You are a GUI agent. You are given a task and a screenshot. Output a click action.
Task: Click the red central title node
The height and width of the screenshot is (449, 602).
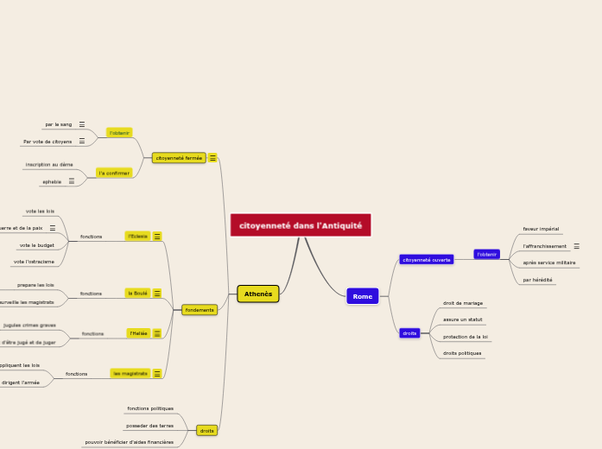point(301,224)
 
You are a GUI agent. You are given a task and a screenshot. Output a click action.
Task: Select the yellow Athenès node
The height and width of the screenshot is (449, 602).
point(257,294)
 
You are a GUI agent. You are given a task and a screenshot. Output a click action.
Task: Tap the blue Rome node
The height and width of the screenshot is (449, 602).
point(363,296)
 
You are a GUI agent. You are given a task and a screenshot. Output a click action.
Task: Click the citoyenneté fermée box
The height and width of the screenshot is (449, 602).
point(179,158)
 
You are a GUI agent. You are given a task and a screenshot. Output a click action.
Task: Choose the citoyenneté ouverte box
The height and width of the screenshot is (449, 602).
point(427,259)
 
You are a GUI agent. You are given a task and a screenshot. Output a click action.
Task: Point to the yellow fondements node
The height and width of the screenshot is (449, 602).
point(200,309)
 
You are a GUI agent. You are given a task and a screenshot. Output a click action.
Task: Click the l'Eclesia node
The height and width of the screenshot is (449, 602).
point(137,236)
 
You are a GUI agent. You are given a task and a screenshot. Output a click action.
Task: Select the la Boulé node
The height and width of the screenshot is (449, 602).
point(137,293)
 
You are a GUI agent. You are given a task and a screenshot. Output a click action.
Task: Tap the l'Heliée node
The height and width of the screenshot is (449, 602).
point(137,332)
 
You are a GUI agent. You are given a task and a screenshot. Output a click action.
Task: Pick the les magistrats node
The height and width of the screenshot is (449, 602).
point(129,373)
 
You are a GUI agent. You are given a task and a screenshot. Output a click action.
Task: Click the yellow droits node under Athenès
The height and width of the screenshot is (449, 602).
point(206,430)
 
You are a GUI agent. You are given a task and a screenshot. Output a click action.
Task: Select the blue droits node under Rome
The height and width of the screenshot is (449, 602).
point(409,332)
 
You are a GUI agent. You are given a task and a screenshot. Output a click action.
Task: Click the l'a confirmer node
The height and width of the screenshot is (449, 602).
point(114,173)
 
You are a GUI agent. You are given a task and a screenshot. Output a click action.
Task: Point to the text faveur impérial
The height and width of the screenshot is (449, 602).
point(541,229)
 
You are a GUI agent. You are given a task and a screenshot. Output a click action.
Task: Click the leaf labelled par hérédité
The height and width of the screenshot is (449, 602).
point(537,280)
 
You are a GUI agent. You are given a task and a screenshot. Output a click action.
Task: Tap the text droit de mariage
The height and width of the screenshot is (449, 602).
point(463,303)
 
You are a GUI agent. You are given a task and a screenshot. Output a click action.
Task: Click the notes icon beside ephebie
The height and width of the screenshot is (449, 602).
point(71,181)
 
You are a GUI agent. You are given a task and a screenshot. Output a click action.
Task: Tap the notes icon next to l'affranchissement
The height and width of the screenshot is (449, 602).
point(577,246)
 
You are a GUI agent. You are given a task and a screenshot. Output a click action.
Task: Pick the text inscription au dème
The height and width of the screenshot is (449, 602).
point(49,164)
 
